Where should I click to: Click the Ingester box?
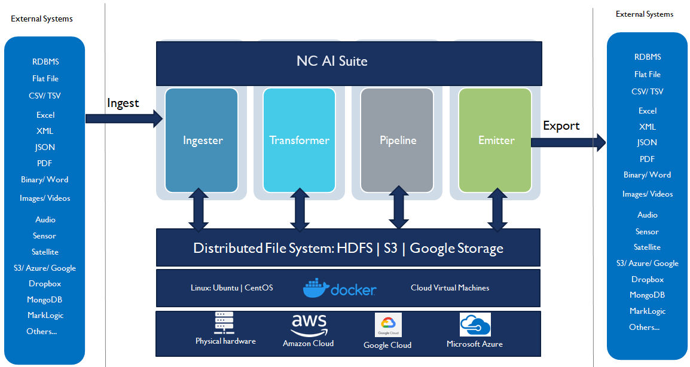[x=203, y=140]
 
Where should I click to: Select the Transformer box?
[x=299, y=140]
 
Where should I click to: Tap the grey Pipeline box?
[x=398, y=140]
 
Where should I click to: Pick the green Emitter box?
[x=496, y=140]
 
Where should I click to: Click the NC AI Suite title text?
[x=332, y=61]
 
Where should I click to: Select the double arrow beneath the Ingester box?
[x=199, y=210]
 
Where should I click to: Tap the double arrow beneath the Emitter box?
[x=496, y=210]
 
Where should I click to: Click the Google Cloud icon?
[x=387, y=325]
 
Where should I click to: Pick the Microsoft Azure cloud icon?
[x=475, y=325]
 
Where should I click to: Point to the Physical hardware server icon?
[x=225, y=323]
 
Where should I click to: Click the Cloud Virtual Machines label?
[x=450, y=288]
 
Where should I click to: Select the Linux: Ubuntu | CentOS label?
[x=231, y=288]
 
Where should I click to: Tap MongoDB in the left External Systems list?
[x=45, y=299]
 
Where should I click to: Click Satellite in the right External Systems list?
[x=647, y=247]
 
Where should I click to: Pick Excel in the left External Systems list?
[x=45, y=115]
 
